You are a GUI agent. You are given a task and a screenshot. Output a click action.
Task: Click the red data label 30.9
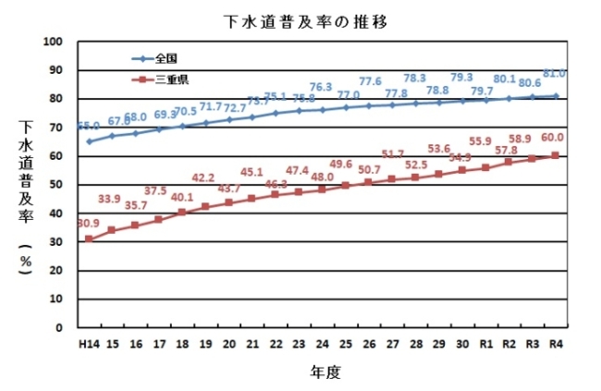tap(88, 223)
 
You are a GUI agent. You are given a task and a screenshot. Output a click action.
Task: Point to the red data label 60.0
tap(552, 137)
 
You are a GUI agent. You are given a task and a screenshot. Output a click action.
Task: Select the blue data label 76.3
tap(321, 88)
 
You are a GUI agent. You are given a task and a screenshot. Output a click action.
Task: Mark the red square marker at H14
tap(89, 238)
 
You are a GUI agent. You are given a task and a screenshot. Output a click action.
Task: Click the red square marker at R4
tap(555, 155)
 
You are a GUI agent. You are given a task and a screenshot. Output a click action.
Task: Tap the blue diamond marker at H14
tap(89, 141)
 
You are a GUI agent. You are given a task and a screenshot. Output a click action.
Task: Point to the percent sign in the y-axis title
tap(26, 262)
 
